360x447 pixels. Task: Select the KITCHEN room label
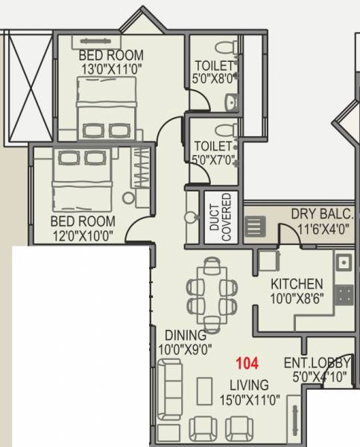pos(297,284)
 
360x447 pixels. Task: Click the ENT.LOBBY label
pos(312,364)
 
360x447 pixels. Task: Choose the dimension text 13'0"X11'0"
pos(112,71)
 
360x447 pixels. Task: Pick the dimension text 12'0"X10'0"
pos(83,236)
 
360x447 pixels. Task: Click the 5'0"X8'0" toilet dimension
pos(214,80)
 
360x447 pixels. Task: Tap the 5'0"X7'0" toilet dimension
pos(214,159)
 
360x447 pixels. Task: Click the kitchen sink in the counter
pos(343,262)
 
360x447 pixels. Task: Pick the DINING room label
pos(186,335)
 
